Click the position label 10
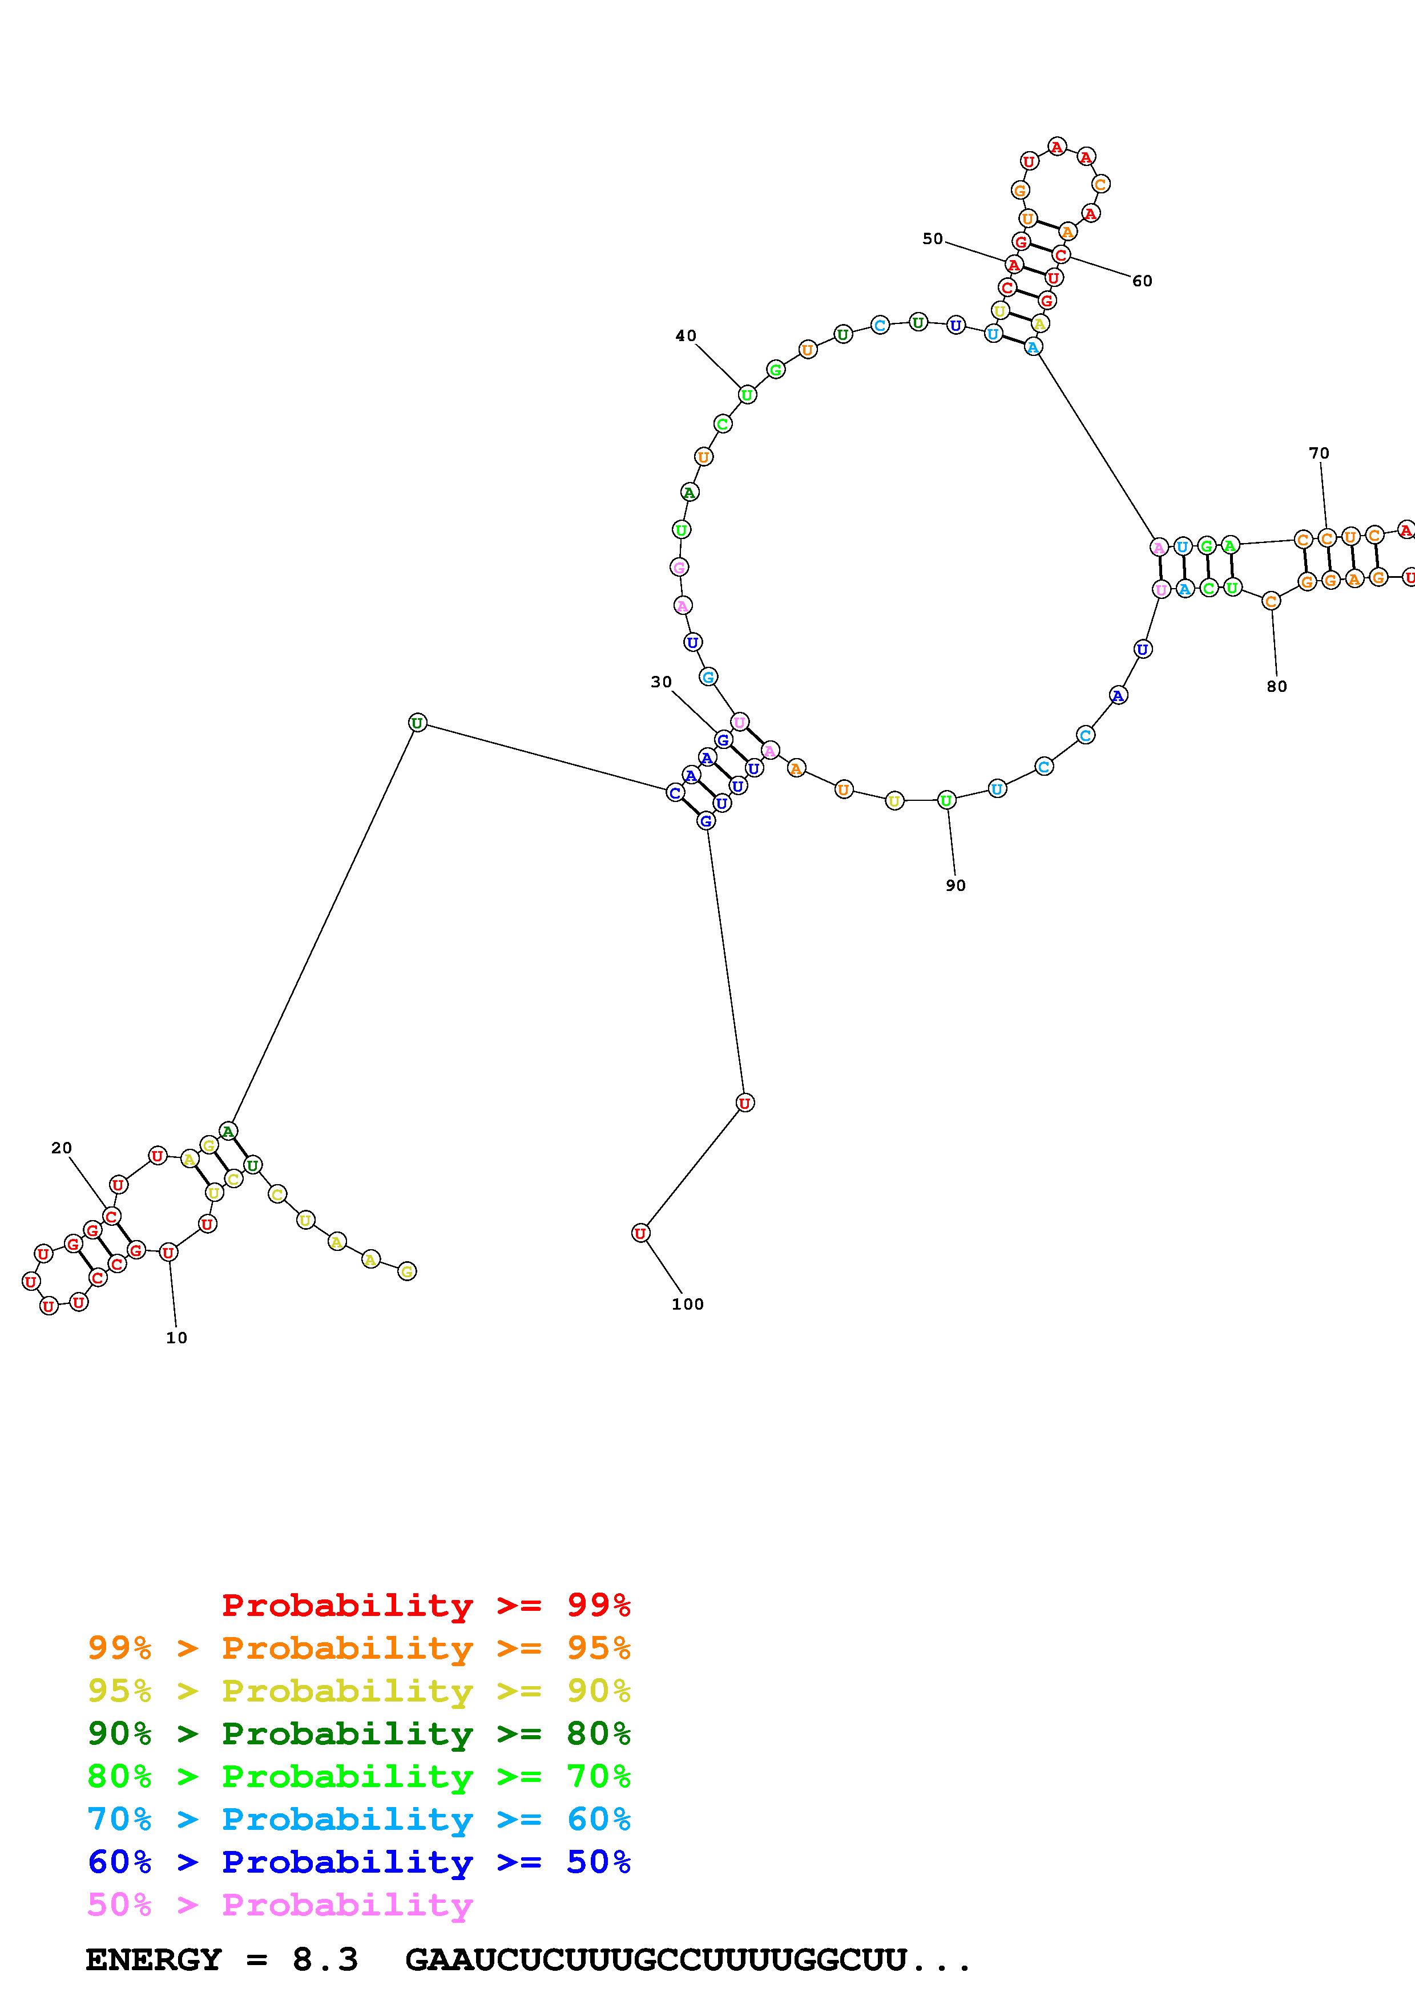pyautogui.click(x=176, y=1338)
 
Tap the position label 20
pyautogui.click(x=61, y=1148)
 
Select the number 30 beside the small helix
pyautogui.click(x=661, y=682)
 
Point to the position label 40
pyautogui.click(x=686, y=335)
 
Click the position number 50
pyautogui.click(x=932, y=239)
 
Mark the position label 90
pyautogui.click(x=956, y=885)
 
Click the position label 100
pyautogui.click(x=687, y=1304)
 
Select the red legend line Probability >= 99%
pyautogui.click(x=425, y=1605)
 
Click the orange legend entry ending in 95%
pyautogui.click(x=359, y=1648)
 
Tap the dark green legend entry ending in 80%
pyautogui.click(x=359, y=1733)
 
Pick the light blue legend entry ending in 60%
pyautogui.click(x=359, y=1819)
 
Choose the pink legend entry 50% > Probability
pyautogui.click(x=280, y=1904)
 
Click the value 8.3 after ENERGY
pyautogui.click(x=324, y=1959)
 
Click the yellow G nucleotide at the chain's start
pyautogui.click(x=406, y=1271)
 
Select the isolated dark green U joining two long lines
pyautogui.click(x=418, y=723)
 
